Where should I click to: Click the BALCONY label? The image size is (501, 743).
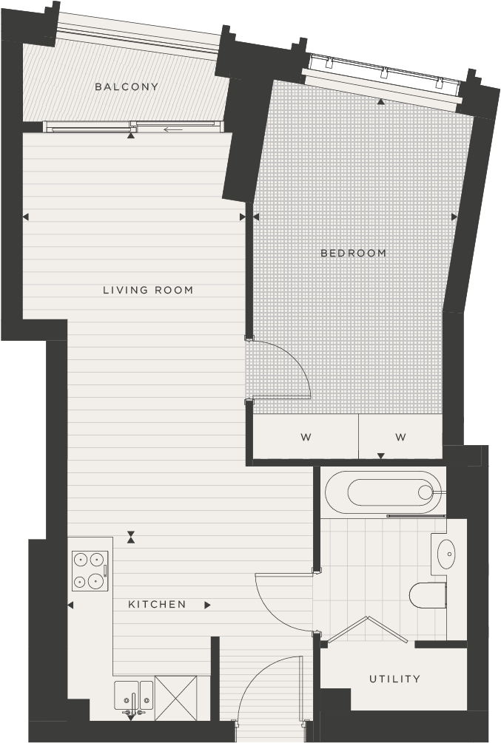(x=127, y=86)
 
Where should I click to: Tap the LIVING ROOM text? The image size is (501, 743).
(x=148, y=290)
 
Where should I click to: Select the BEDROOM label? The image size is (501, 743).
(x=354, y=253)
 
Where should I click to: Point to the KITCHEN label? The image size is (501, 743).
(x=157, y=604)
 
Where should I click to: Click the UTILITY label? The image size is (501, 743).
(x=394, y=679)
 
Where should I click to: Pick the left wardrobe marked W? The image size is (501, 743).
(x=306, y=437)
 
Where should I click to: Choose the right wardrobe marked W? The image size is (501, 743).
(x=400, y=437)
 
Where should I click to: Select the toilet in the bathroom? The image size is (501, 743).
(x=428, y=595)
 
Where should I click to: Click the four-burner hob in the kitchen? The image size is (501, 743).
(x=90, y=571)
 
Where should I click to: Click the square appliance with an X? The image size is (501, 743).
(x=175, y=698)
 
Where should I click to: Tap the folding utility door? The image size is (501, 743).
(x=367, y=628)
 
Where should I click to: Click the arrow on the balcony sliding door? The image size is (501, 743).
(x=173, y=130)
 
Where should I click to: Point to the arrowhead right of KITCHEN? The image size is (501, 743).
(x=207, y=605)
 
